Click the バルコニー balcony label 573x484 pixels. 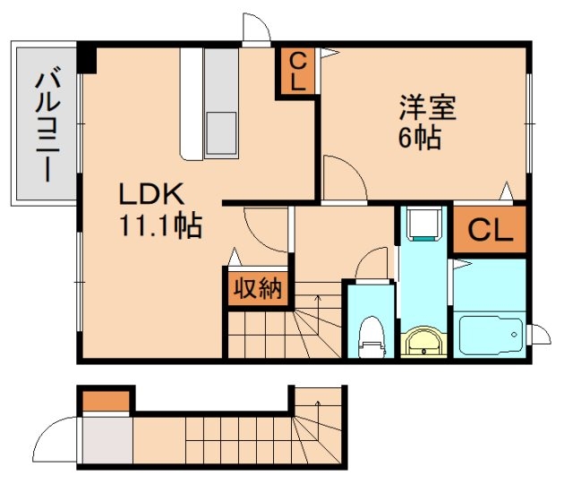pyautogui.click(x=47, y=123)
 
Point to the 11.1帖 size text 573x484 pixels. pyautogui.click(x=161, y=225)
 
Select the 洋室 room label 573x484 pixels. pyautogui.click(x=428, y=107)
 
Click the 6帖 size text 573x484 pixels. pyautogui.click(x=420, y=138)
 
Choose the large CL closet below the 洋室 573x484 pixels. pyautogui.click(x=490, y=229)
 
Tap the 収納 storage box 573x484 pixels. pyautogui.click(x=258, y=289)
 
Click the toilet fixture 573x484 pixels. pyautogui.click(x=372, y=337)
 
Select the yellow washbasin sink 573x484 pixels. pyautogui.click(x=423, y=341)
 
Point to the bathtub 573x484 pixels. pyautogui.click(x=491, y=335)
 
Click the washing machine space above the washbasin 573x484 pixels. pyautogui.click(x=423, y=224)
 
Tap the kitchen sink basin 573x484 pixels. pyautogui.click(x=221, y=133)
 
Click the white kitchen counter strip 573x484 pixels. pyautogui.click(x=191, y=104)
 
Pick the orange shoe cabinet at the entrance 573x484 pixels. pyautogui.click(x=106, y=401)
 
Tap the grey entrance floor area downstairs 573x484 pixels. pyautogui.click(x=107, y=440)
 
